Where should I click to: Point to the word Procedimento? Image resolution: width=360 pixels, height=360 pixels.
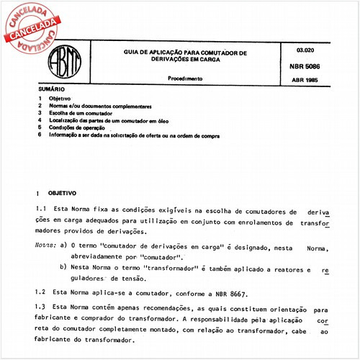point(185,77)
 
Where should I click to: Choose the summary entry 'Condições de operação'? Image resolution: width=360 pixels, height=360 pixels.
point(81,128)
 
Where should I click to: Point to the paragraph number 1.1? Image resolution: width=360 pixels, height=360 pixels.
point(40,212)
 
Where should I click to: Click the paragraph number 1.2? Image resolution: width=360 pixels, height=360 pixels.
point(40,294)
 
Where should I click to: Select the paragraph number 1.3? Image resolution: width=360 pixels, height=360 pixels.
point(40,307)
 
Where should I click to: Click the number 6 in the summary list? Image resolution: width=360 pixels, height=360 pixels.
point(40,135)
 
